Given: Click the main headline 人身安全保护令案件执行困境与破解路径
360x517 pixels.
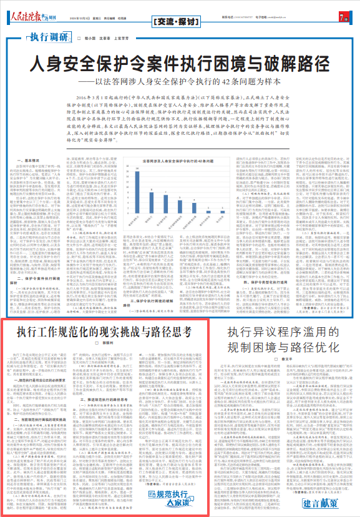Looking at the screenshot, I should point(180,64).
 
